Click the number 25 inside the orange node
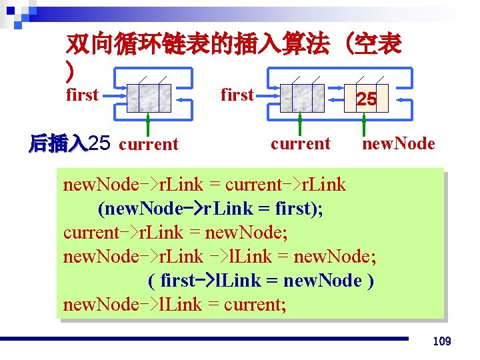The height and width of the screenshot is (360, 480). (366, 99)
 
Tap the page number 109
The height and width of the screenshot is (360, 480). (442, 341)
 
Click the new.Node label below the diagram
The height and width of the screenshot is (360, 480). (398, 143)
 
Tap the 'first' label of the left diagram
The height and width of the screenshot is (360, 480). (83, 95)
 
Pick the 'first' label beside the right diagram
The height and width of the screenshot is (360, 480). (237, 95)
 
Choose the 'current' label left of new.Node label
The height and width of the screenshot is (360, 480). (301, 143)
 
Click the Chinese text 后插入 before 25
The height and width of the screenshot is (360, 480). (58, 143)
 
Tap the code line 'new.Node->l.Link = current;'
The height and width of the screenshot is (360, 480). (175, 305)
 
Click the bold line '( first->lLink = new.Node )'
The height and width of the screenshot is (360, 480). (260, 281)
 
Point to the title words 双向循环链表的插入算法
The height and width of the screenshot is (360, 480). (197, 45)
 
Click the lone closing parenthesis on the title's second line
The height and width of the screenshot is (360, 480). (70, 69)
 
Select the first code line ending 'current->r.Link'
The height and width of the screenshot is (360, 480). (205, 185)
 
